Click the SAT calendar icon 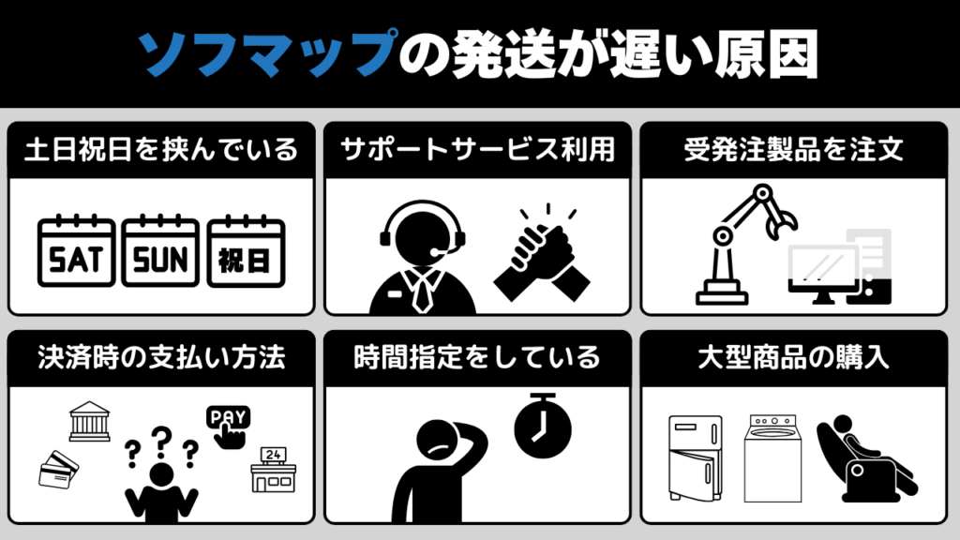(77, 251)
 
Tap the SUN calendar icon (160, 251)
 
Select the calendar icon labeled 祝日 (247, 251)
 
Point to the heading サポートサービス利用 (477, 149)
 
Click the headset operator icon (423, 257)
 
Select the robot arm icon (743, 245)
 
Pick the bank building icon (89, 421)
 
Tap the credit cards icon (58, 471)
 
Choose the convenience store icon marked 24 (273, 470)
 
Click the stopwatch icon (543, 427)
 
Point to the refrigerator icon (696, 457)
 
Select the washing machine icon (772, 458)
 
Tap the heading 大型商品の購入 (793, 357)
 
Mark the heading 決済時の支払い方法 (161, 357)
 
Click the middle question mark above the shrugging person (161, 442)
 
